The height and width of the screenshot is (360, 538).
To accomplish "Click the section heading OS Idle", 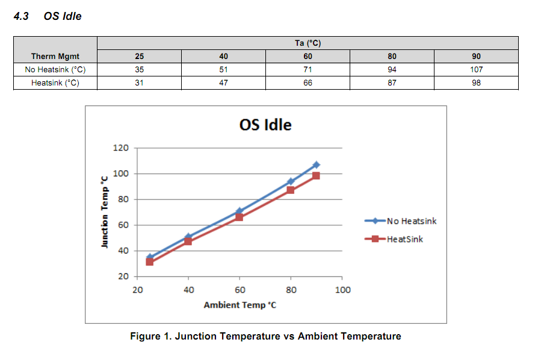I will click(x=63, y=16).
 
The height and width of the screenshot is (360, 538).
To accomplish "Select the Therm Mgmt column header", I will click(x=55, y=56).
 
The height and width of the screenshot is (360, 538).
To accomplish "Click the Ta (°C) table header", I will click(x=308, y=43).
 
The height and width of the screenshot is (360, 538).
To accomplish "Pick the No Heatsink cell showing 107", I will click(x=476, y=69).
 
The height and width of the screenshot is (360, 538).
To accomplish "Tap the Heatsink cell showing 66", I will click(x=308, y=82).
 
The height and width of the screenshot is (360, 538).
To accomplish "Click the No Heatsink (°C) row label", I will click(x=55, y=69).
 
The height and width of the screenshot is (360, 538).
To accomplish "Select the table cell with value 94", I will click(x=392, y=69).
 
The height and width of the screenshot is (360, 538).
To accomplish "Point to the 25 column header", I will click(x=139, y=56).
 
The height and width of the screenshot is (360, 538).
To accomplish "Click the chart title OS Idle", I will click(x=265, y=125).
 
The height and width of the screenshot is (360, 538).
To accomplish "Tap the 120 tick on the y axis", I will click(x=121, y=148).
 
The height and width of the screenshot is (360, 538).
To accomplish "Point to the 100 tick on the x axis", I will click(x=342, y=290).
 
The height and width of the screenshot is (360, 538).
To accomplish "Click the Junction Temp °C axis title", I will click(x=105, y=212).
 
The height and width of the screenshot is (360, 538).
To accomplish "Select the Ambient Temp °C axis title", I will click(x=240, y=305).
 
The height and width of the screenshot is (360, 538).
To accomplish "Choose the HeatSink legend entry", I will click(x=404, y=239).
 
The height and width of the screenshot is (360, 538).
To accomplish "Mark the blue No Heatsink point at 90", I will click(x=317, y=165).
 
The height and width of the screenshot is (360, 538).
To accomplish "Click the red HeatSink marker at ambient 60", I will click(x=240, y=217).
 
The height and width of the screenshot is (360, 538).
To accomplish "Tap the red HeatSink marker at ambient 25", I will click(x=150, y=262).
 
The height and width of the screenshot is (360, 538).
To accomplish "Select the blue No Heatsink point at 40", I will click(x=188, y=237).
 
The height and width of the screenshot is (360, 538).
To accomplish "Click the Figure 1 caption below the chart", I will click(x=265, y=336).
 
